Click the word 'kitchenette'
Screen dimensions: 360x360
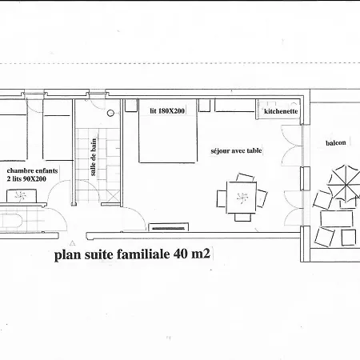[x=281, y=112]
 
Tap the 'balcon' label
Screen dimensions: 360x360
[x=336, y=143]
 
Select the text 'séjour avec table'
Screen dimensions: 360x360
[x=236, y=150]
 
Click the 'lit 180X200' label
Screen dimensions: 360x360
[x=167, y=111]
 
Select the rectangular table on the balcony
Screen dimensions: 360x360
[x=337, y=218]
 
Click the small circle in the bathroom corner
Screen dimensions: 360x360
[x=126, y=105]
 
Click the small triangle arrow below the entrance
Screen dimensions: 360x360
[x=71, y=241]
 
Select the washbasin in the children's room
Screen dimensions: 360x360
[x=14, y=221]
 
